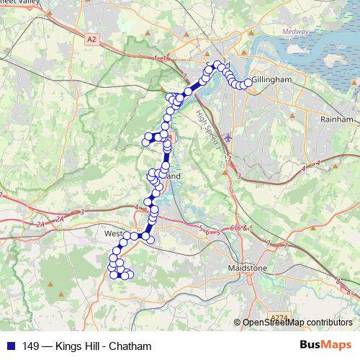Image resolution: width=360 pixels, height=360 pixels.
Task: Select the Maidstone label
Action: pos(247,268)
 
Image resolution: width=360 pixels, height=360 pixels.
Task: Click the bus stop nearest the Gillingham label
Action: pos(249,83)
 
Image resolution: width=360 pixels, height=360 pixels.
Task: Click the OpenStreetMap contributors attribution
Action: pos(297,322)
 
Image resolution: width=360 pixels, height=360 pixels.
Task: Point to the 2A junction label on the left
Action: pos(40,225)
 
